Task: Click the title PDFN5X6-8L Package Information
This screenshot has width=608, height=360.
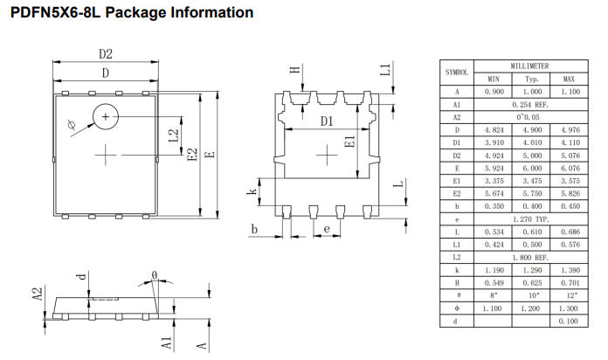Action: coord(132,12)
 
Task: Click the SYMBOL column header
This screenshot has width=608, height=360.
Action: coord(458,72)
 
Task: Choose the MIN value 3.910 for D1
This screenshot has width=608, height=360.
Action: coord(493,142)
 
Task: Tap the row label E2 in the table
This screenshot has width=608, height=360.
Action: coord(457,193)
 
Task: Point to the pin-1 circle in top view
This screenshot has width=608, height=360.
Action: coord(107,116)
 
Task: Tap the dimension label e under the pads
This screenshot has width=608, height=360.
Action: coord(326,229)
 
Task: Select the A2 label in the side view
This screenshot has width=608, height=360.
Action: coord(38,294)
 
